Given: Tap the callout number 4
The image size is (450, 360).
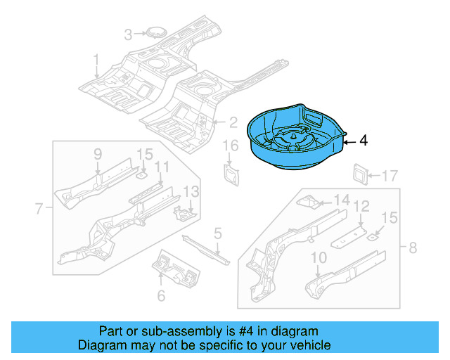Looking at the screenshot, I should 364,141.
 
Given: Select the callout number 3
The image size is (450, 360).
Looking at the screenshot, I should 128,34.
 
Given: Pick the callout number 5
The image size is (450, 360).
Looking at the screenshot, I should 218,233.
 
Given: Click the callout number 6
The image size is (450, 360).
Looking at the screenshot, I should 161,296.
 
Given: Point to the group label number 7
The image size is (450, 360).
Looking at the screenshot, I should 39,207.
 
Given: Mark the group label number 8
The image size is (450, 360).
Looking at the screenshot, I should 413,247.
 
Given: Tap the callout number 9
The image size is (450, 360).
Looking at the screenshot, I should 98,154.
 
